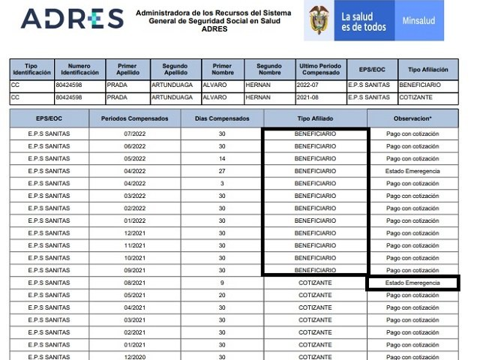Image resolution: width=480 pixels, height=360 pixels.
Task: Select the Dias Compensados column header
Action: (x=221, y=118)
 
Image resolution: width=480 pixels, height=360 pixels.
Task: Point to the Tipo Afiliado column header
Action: (x=315, y=118)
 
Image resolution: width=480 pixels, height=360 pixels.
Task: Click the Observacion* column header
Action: (x=412, y=118)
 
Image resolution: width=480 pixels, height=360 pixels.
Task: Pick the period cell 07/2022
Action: (x=134, y=134)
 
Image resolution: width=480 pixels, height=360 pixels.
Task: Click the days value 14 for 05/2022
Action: (x=221, y=159)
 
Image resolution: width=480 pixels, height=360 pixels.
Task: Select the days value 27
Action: (x=221, y=171)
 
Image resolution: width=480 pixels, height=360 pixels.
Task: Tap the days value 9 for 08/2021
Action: (x=221, y=283)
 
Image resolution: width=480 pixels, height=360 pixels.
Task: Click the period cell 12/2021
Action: (x=134, y=233)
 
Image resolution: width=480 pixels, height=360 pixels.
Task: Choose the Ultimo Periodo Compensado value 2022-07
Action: (x=319, y=85)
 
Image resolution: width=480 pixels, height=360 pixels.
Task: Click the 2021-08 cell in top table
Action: (x=319, y=97)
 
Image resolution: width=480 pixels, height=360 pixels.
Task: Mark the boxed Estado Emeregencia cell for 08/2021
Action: (x=412, y=283)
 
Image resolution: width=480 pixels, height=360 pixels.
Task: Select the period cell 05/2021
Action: (x=134, y=295)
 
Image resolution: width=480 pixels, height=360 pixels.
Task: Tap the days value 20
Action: (x=221, y=295)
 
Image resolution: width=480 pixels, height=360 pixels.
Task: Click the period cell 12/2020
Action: (x=134, y=357)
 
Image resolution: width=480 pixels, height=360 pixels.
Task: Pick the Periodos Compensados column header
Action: (x=134, y=118)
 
